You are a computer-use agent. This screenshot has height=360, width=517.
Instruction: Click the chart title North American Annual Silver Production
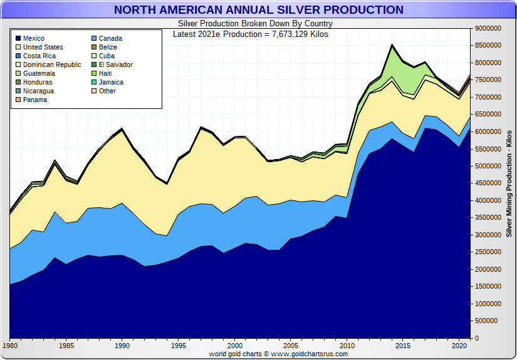(258, 10)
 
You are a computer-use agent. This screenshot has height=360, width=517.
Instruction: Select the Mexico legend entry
(34, 38)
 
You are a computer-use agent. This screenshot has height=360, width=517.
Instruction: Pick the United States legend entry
(43, 47)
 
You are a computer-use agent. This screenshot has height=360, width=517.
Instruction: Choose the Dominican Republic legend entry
(52, 64)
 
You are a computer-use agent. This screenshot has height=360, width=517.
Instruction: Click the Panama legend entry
(35, 100)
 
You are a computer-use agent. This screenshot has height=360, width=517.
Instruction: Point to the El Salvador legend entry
(115, 64)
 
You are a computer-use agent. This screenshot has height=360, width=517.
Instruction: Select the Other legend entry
(107, 91)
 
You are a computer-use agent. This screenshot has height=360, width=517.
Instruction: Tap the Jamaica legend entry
(111, 82)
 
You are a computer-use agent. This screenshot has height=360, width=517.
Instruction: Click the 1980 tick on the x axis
(10, 346)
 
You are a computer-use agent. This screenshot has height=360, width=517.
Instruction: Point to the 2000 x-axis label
(234, 346)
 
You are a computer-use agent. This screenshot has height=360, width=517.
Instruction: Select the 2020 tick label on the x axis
(459, 346)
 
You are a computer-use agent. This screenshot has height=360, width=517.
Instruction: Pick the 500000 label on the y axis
(489, 321)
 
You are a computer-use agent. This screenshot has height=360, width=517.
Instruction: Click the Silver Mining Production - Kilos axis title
(509, 183)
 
